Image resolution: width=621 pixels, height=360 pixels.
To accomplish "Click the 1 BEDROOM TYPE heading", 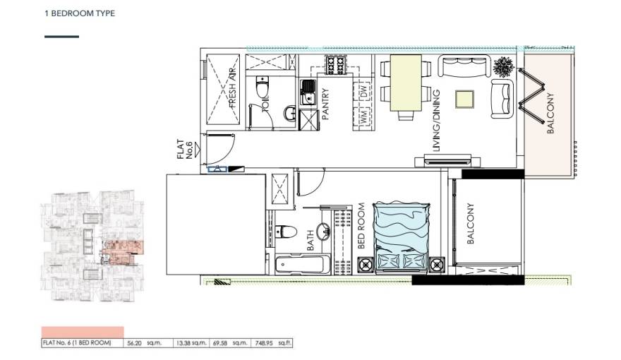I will [79, 13].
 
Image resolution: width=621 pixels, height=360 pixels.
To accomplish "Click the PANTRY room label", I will [326, 104].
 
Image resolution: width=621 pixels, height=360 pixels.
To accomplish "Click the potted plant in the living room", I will [504, 68].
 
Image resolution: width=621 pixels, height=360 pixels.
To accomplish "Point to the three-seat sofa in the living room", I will [466, 67].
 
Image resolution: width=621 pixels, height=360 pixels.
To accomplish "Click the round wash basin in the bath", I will [324, 232].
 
